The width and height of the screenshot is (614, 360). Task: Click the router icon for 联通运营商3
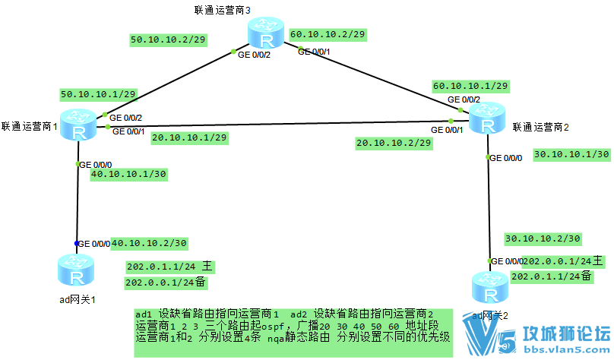[265, 35]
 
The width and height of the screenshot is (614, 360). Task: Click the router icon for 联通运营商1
[78, 124]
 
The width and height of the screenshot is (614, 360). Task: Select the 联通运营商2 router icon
[486, 118]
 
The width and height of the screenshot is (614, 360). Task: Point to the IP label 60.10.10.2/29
[328, 34]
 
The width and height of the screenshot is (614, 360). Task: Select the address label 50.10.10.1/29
[98, 94]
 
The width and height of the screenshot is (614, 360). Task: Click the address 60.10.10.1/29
[470, 86]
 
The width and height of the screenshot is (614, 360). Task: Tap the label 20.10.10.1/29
[189, 138]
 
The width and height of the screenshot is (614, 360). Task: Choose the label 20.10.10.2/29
[393, 143]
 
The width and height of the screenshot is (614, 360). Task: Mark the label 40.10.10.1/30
[128, 174]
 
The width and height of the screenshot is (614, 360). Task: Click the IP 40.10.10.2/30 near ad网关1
[149, 243]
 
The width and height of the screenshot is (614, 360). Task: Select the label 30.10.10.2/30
[543, 238]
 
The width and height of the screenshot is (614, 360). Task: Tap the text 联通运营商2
[541, 127]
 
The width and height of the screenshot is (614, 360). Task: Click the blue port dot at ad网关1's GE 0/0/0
[77, 243]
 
